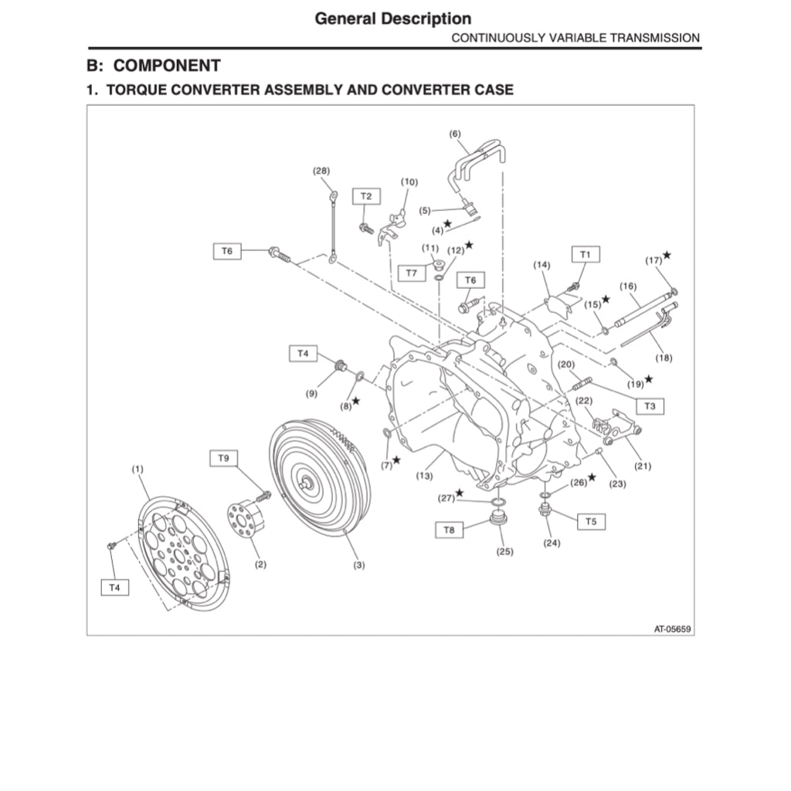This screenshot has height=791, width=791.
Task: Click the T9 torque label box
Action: [223, 458]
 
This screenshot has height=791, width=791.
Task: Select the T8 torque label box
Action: [450, 530]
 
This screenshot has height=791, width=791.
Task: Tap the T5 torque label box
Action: [590, 521]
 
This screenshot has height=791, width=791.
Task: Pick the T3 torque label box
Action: [650, 405]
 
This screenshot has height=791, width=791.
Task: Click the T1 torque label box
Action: [585, 254]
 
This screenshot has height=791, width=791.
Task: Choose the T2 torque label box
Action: [366, 197]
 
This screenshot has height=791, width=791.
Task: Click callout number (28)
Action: [321, 170]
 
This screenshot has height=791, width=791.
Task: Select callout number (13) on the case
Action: [424, 476]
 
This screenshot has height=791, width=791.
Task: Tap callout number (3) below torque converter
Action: [359, 565]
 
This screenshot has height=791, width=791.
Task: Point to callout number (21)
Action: [643, 466]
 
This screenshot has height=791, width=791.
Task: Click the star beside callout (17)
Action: [667, 254]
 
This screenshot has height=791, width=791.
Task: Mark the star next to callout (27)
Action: [460, 492]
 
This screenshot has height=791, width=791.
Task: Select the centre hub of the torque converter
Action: [308, 484]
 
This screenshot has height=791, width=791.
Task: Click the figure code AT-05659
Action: [672, 629]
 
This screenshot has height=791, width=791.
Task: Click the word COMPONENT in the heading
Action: [167, 66]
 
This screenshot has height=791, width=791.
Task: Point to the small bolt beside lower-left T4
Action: [112, 546]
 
